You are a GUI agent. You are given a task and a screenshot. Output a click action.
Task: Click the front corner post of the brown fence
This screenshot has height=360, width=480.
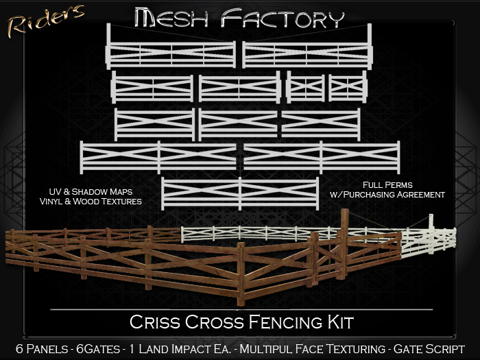[241, 274]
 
